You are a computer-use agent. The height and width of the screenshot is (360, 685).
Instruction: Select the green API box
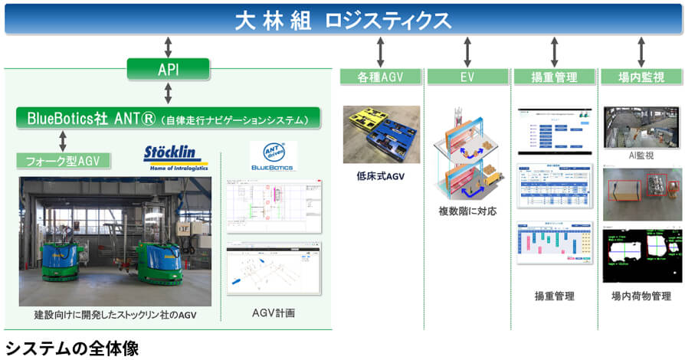coord(168,70)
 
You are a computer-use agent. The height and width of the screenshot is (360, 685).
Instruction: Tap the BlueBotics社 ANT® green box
coord(168,118)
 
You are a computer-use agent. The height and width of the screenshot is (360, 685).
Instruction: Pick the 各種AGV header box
coord(380,77)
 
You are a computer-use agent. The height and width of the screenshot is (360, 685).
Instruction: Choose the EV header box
coord(467,77)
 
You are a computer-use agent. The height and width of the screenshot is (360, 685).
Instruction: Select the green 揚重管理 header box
coord(554,77)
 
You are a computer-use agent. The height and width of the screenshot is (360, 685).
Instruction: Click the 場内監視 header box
coord(641,77)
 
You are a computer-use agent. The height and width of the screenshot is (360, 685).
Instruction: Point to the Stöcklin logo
coord(175,159)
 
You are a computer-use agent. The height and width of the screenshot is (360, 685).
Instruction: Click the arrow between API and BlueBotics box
coord(168,93)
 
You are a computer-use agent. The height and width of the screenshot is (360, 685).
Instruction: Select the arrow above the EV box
coord(467,51)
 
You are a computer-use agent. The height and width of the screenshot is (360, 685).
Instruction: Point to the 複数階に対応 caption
coord(467,211)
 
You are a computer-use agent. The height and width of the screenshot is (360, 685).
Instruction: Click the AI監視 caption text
coord(641,155)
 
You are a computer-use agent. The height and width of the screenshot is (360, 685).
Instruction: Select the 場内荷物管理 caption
coord(641,295)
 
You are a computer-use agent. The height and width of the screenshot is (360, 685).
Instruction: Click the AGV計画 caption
coord(274,313)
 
